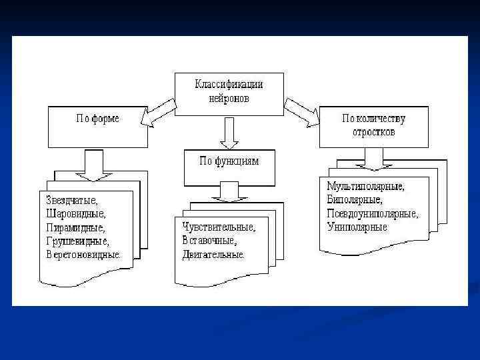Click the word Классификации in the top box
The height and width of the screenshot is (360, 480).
[x=229, y=85]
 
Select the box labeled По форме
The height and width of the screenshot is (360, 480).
[x=97, y=126]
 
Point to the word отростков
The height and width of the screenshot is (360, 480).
[x=373, y=131]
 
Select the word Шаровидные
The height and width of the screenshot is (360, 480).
[x=76, y=213]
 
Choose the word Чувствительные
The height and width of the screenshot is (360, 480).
[x=219, y=227]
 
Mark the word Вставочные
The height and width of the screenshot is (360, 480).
[x=209, y=240]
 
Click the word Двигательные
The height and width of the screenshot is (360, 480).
[x=213, y=254]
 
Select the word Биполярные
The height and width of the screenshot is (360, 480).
[x=355, y=199]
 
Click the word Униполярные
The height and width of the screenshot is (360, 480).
[x=357, y=227]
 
